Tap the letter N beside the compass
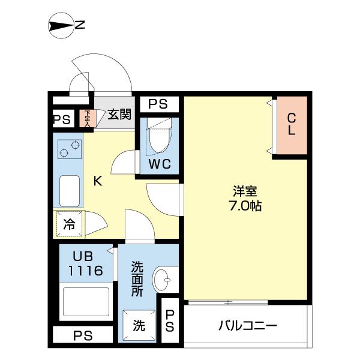click(x=80, y=26)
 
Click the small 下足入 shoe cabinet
click(x=87, y=118)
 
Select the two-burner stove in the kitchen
click(x=70, y=148)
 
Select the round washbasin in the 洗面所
click(x=164, y=280)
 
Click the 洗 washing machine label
click(x=139, y=326)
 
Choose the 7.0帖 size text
click(x=245, y=205)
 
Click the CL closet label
click(x=290, y=124)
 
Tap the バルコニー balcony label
click(x=247, y=326)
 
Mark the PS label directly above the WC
click(x=158, y=104)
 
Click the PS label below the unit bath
click(x=83, y=335)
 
